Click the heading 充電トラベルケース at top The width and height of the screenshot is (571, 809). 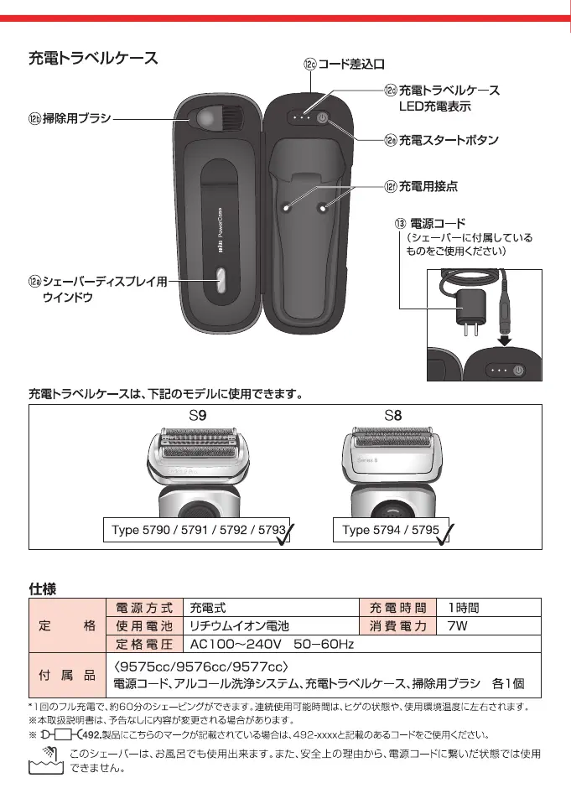point(93,59)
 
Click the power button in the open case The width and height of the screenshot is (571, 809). point(324,118)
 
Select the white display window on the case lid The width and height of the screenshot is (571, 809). point(220,280)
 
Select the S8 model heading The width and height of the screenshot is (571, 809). point(394,415)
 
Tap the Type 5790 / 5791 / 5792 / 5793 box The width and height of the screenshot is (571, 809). point(200,530)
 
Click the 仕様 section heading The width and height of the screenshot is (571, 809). point(43,589)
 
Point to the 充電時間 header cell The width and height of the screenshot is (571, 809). point(398,607)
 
